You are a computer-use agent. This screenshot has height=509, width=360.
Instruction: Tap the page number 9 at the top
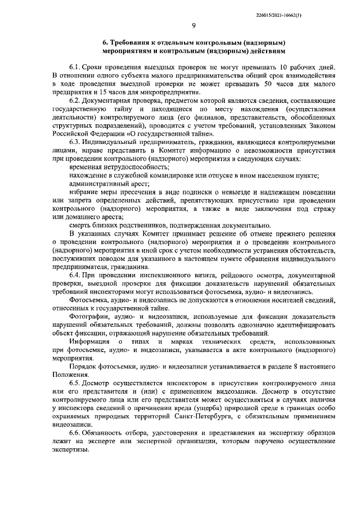pos(192,25)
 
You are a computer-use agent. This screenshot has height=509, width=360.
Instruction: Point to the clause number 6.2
pos(75,100)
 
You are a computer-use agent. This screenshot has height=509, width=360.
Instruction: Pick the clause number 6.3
pos(75,142)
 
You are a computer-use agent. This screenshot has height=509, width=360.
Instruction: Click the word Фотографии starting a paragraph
pos(90,317)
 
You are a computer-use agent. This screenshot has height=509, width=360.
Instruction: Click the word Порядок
pos(83,366)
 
